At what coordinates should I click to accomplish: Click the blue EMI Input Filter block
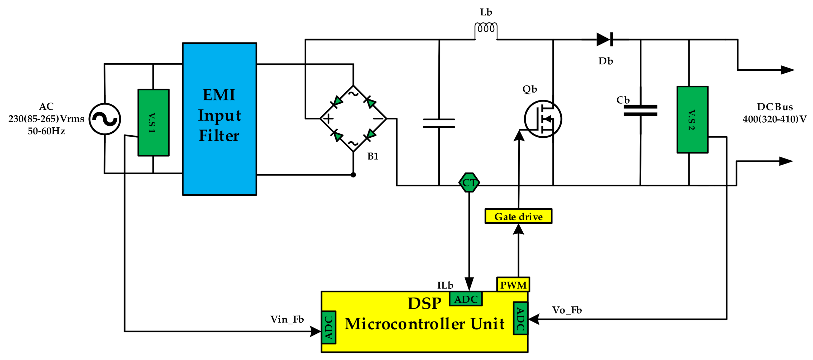219,119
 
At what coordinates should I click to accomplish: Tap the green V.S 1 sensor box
153,122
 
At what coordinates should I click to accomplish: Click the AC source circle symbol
105,119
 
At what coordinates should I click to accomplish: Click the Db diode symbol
605,40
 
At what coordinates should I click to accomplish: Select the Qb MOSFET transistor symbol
543,119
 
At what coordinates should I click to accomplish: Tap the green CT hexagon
469,182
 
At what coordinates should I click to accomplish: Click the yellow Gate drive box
518,217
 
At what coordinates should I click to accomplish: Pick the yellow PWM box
513,285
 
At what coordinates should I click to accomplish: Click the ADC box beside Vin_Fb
328,328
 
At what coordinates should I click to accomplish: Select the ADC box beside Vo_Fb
520,318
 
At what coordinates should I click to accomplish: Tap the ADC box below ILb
466,299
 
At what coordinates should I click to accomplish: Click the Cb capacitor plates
640,111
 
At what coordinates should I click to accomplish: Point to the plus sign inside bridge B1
328,119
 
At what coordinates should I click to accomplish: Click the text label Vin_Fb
287,319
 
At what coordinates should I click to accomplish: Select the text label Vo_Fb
567,310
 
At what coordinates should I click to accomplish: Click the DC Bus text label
775,107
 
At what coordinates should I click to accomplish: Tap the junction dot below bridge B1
353,175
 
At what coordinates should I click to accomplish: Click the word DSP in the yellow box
424,304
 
